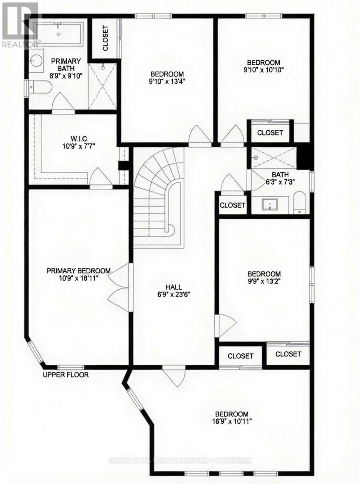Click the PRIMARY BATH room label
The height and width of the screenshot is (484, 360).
[66, 64]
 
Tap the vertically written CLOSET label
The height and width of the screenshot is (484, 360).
[106, 38]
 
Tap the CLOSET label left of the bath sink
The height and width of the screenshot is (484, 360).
[232, 205]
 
